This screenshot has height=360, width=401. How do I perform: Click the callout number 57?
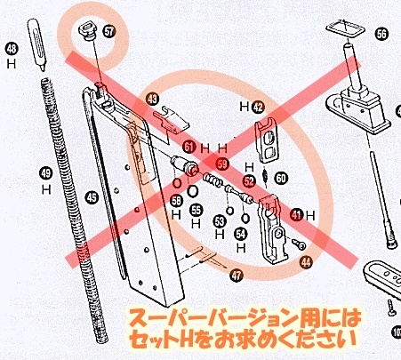pyautogui.click(x=109, y=31)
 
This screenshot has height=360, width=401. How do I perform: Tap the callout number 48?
pyautogui.click(x=12, y=50)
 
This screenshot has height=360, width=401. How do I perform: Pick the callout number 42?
pyautogui.click(x=258, y=106)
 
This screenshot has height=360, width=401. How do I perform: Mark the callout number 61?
pyautogui.click(x=188, y=146)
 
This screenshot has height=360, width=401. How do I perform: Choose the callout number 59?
pyautogui.click(x=222, y=164)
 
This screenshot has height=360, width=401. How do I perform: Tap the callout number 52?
pyautogui.click(x=249, y=180)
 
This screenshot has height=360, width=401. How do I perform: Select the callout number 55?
pyautogui.click(x=196, y=210)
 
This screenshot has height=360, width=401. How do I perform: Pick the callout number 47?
pyautogui.click(x=236, y=276)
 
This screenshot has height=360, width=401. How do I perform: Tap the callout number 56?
pyautogui.click(x=381, y=35)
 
